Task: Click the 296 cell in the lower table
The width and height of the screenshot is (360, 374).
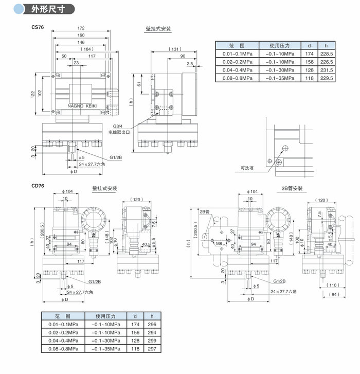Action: pos(151,325)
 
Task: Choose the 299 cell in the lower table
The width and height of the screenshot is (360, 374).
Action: pos(151,341)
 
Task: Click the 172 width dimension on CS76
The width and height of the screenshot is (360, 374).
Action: pos(81,28)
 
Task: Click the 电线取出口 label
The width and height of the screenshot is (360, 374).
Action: pos(120,133)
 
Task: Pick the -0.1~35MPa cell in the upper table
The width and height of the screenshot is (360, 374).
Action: pos(280,78)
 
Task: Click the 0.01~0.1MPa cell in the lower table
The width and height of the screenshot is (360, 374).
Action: pos(64,325)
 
